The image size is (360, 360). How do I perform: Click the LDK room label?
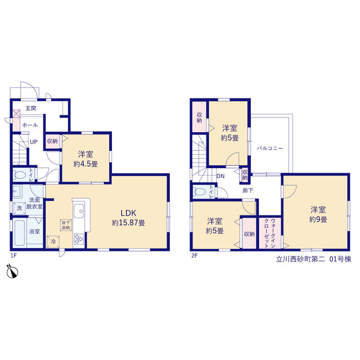129,213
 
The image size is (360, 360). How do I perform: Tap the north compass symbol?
12,272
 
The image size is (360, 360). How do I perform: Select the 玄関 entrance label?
31,109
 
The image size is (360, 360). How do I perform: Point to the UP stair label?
34,142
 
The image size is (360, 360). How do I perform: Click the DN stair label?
220,176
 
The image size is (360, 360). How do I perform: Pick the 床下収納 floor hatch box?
66,225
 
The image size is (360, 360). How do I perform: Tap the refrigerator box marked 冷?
53,242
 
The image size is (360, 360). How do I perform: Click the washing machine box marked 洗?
19,208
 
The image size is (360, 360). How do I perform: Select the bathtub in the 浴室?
20,233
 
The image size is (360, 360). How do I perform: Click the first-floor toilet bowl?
20,175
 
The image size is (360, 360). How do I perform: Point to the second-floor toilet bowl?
200,192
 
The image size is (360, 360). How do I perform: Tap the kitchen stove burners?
79,238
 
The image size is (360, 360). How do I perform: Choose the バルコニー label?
270,148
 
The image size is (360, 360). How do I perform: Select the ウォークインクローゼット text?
270,233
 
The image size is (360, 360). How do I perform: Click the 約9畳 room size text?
318,219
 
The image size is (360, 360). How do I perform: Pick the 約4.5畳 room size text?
85,164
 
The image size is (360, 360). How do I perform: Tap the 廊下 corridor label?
247,190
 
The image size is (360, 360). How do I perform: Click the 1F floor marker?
13,255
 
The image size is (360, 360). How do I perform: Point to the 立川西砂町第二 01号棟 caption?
313,259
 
